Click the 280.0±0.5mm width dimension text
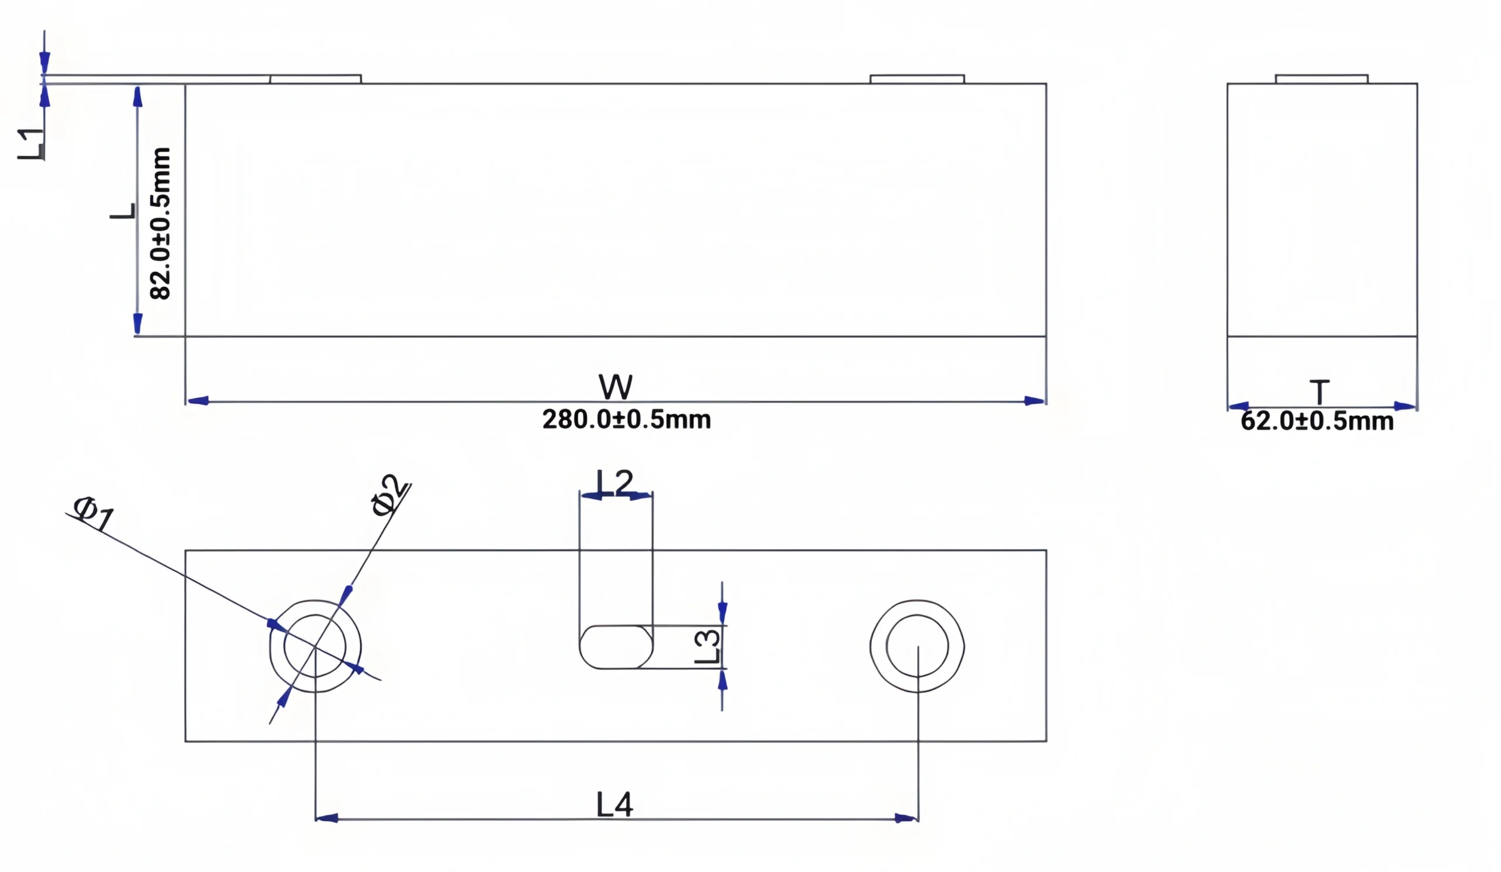pyautogui.click(x=626, y=420)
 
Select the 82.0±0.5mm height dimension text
pyautogui.click(x=160, y=223)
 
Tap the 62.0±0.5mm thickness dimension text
pyautogui.click(x=1317, y=421)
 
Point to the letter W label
pyautogui.click(x=615, y=387)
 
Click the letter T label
pyautogui.click(x=1319, y=392)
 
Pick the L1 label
pyautogui.click(x=31, y=144)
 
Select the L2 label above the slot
pyautogui.click(x=614, y=482)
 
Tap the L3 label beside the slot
pyautogui.click(x=708, y=647)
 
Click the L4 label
pyautogui.click(x=614, y=805)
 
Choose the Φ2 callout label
pyautogui.click(x=390, y=494)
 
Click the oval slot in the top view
pyautogui.click(x=616, y=647)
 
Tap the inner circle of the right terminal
pyautogui.click(x=916, y=646)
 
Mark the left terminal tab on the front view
pyautogui.click(x=315, y=79)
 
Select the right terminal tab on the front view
pyautogui.click(x=916, y=79)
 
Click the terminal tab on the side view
pyautogui.click(x=1321, y=79)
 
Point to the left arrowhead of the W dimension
pyautogui.click(x=198, y=401)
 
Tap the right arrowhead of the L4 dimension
pyautogui.click(x=906, y=819)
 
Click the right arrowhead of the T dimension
pyautogui.click(x=1405, y=406)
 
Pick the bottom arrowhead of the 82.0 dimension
pyautogui.click(x=138, y=324)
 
